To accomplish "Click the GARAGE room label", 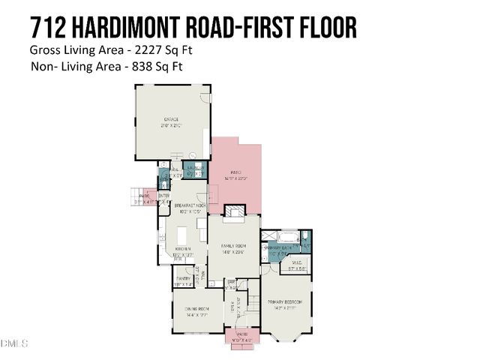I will pyautogui.click(x=172, y=122).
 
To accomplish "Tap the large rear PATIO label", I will pyautogui.click(x=235, y=175).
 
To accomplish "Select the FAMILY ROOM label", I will pyautogui.click(x=233, y=248).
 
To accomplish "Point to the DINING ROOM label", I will pyautogui.click(x=198, y=309).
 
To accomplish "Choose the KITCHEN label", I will pyautogui.click(x=183, y=250).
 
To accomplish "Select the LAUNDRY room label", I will pyautogui.click(x=194, y=169).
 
